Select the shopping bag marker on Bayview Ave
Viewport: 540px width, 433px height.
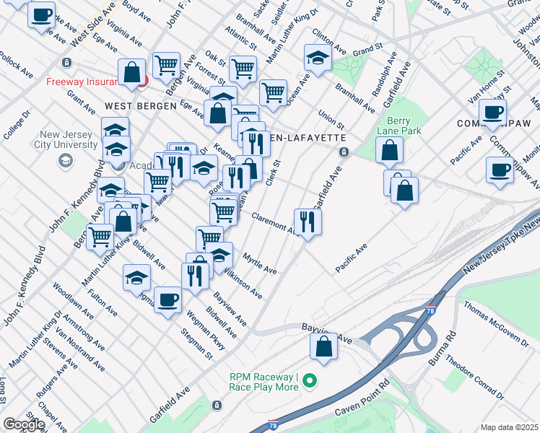(x=324, y=346)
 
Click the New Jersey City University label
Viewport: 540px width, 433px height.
(x=69, y=139)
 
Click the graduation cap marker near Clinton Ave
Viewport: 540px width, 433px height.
(x=317, y=57)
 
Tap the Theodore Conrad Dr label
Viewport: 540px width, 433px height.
(x=474, y=375)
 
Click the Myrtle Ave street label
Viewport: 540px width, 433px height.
(x=260, y=263)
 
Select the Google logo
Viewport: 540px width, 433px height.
(x=25, y=424)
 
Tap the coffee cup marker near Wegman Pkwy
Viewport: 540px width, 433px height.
(x=167, y=299)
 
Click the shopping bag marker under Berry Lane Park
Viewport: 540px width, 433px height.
(x=390, y=150)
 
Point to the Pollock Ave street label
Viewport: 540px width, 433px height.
(x=16, y=65)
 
